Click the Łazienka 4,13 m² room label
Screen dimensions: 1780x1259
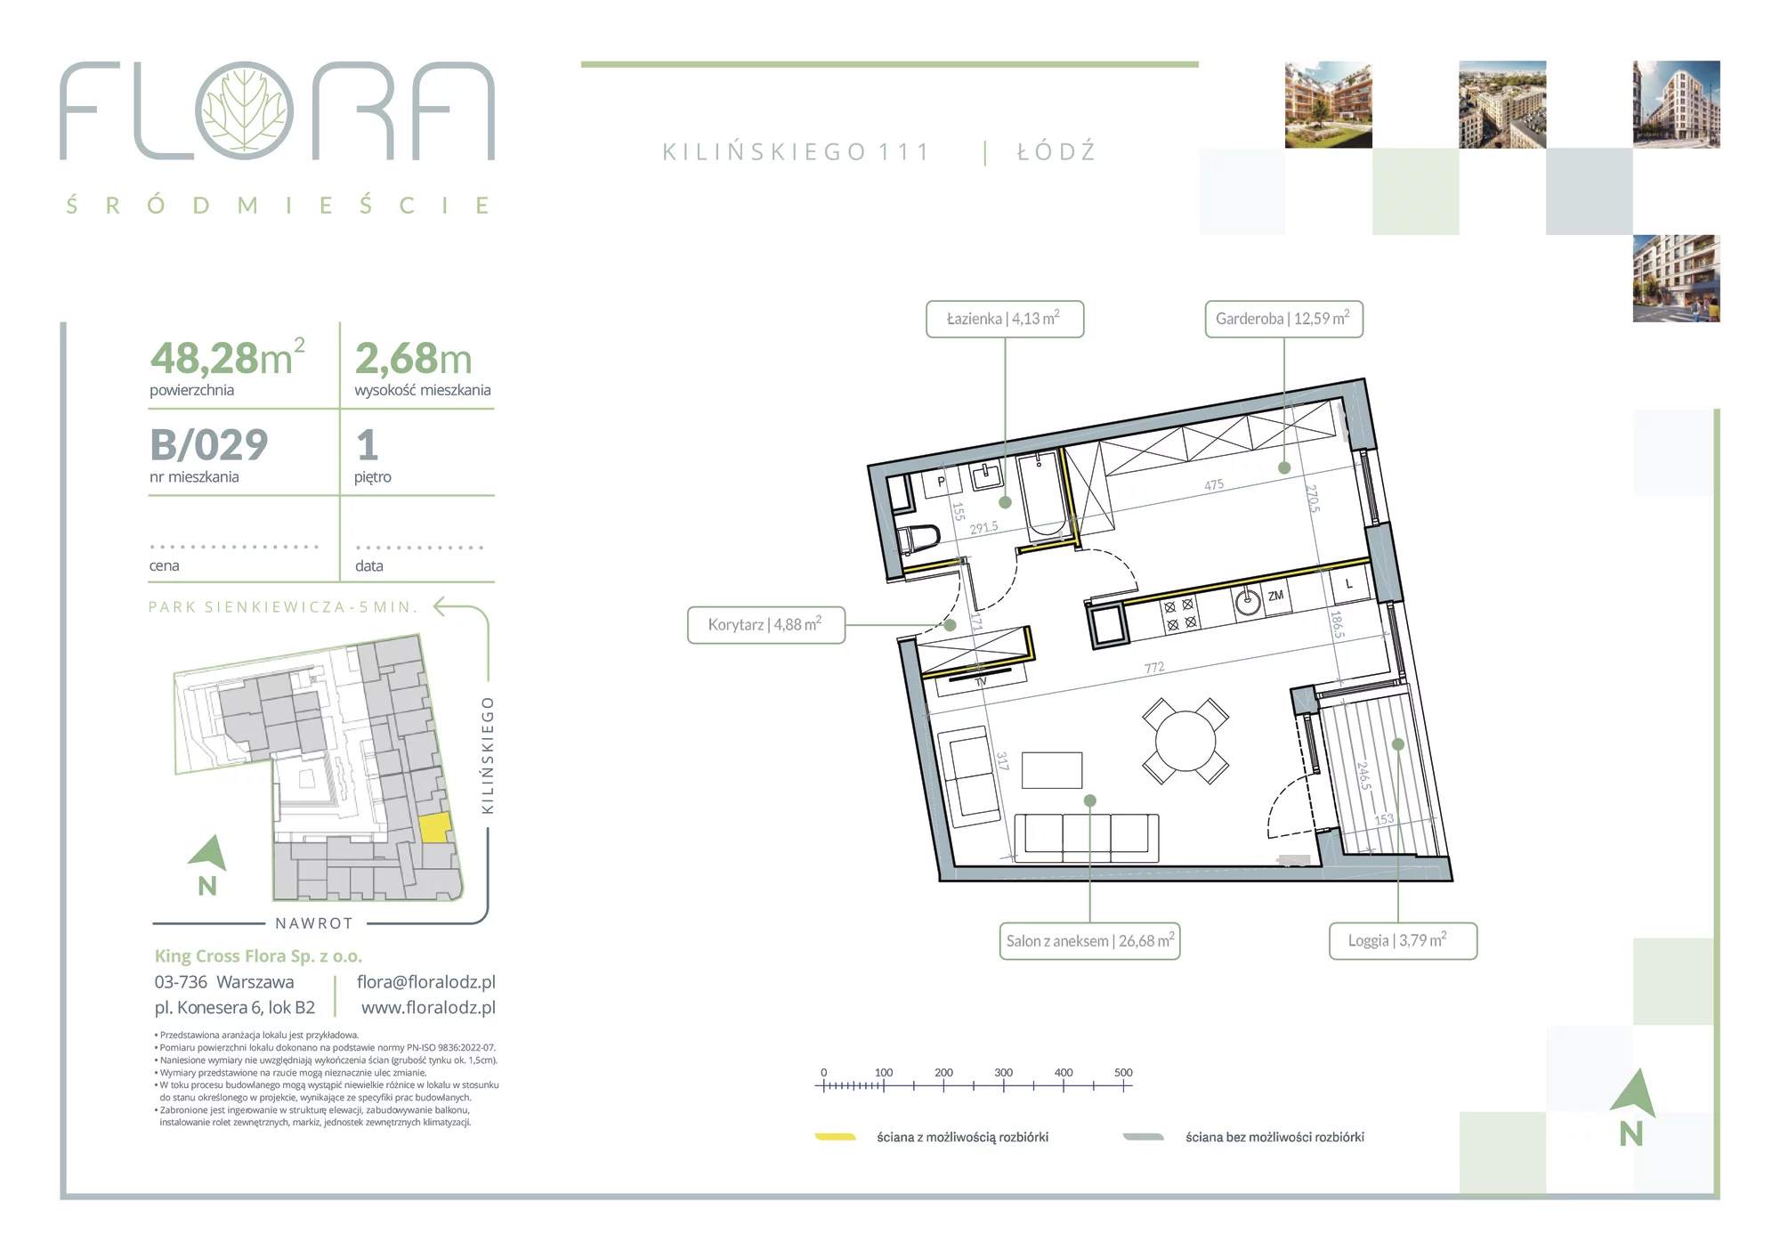(x=1005, y=319)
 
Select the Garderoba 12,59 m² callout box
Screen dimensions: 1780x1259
(x=1283, y=319)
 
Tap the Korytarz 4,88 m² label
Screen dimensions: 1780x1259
(x=766, y=625)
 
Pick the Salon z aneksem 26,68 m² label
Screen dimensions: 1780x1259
(x=1090, y=941)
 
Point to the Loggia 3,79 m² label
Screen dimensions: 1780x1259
(x=1403, y=941)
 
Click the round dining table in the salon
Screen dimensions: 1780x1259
(x=1185, y=741)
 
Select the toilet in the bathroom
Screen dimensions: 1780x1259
(x=919, y=540)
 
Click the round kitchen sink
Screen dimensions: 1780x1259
(x=1248, y=603)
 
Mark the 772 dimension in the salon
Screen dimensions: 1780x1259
(x=1154, y=668)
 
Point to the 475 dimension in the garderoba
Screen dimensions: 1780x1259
(x=1214, y=485)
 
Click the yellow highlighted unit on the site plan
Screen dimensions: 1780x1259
(x=434, y=828)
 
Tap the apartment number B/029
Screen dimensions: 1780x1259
(x=209, y=445)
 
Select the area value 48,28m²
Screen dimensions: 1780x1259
(x=228, y=358)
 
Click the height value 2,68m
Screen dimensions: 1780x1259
(x=414, y=359)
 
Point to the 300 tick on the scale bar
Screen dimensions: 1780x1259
(x=1003, y=1085)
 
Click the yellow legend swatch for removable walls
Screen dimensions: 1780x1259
(x=836, y=1137)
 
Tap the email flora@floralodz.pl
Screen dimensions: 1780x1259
(x=426, y=982)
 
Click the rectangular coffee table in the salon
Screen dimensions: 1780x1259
(x=1052, y=770)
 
